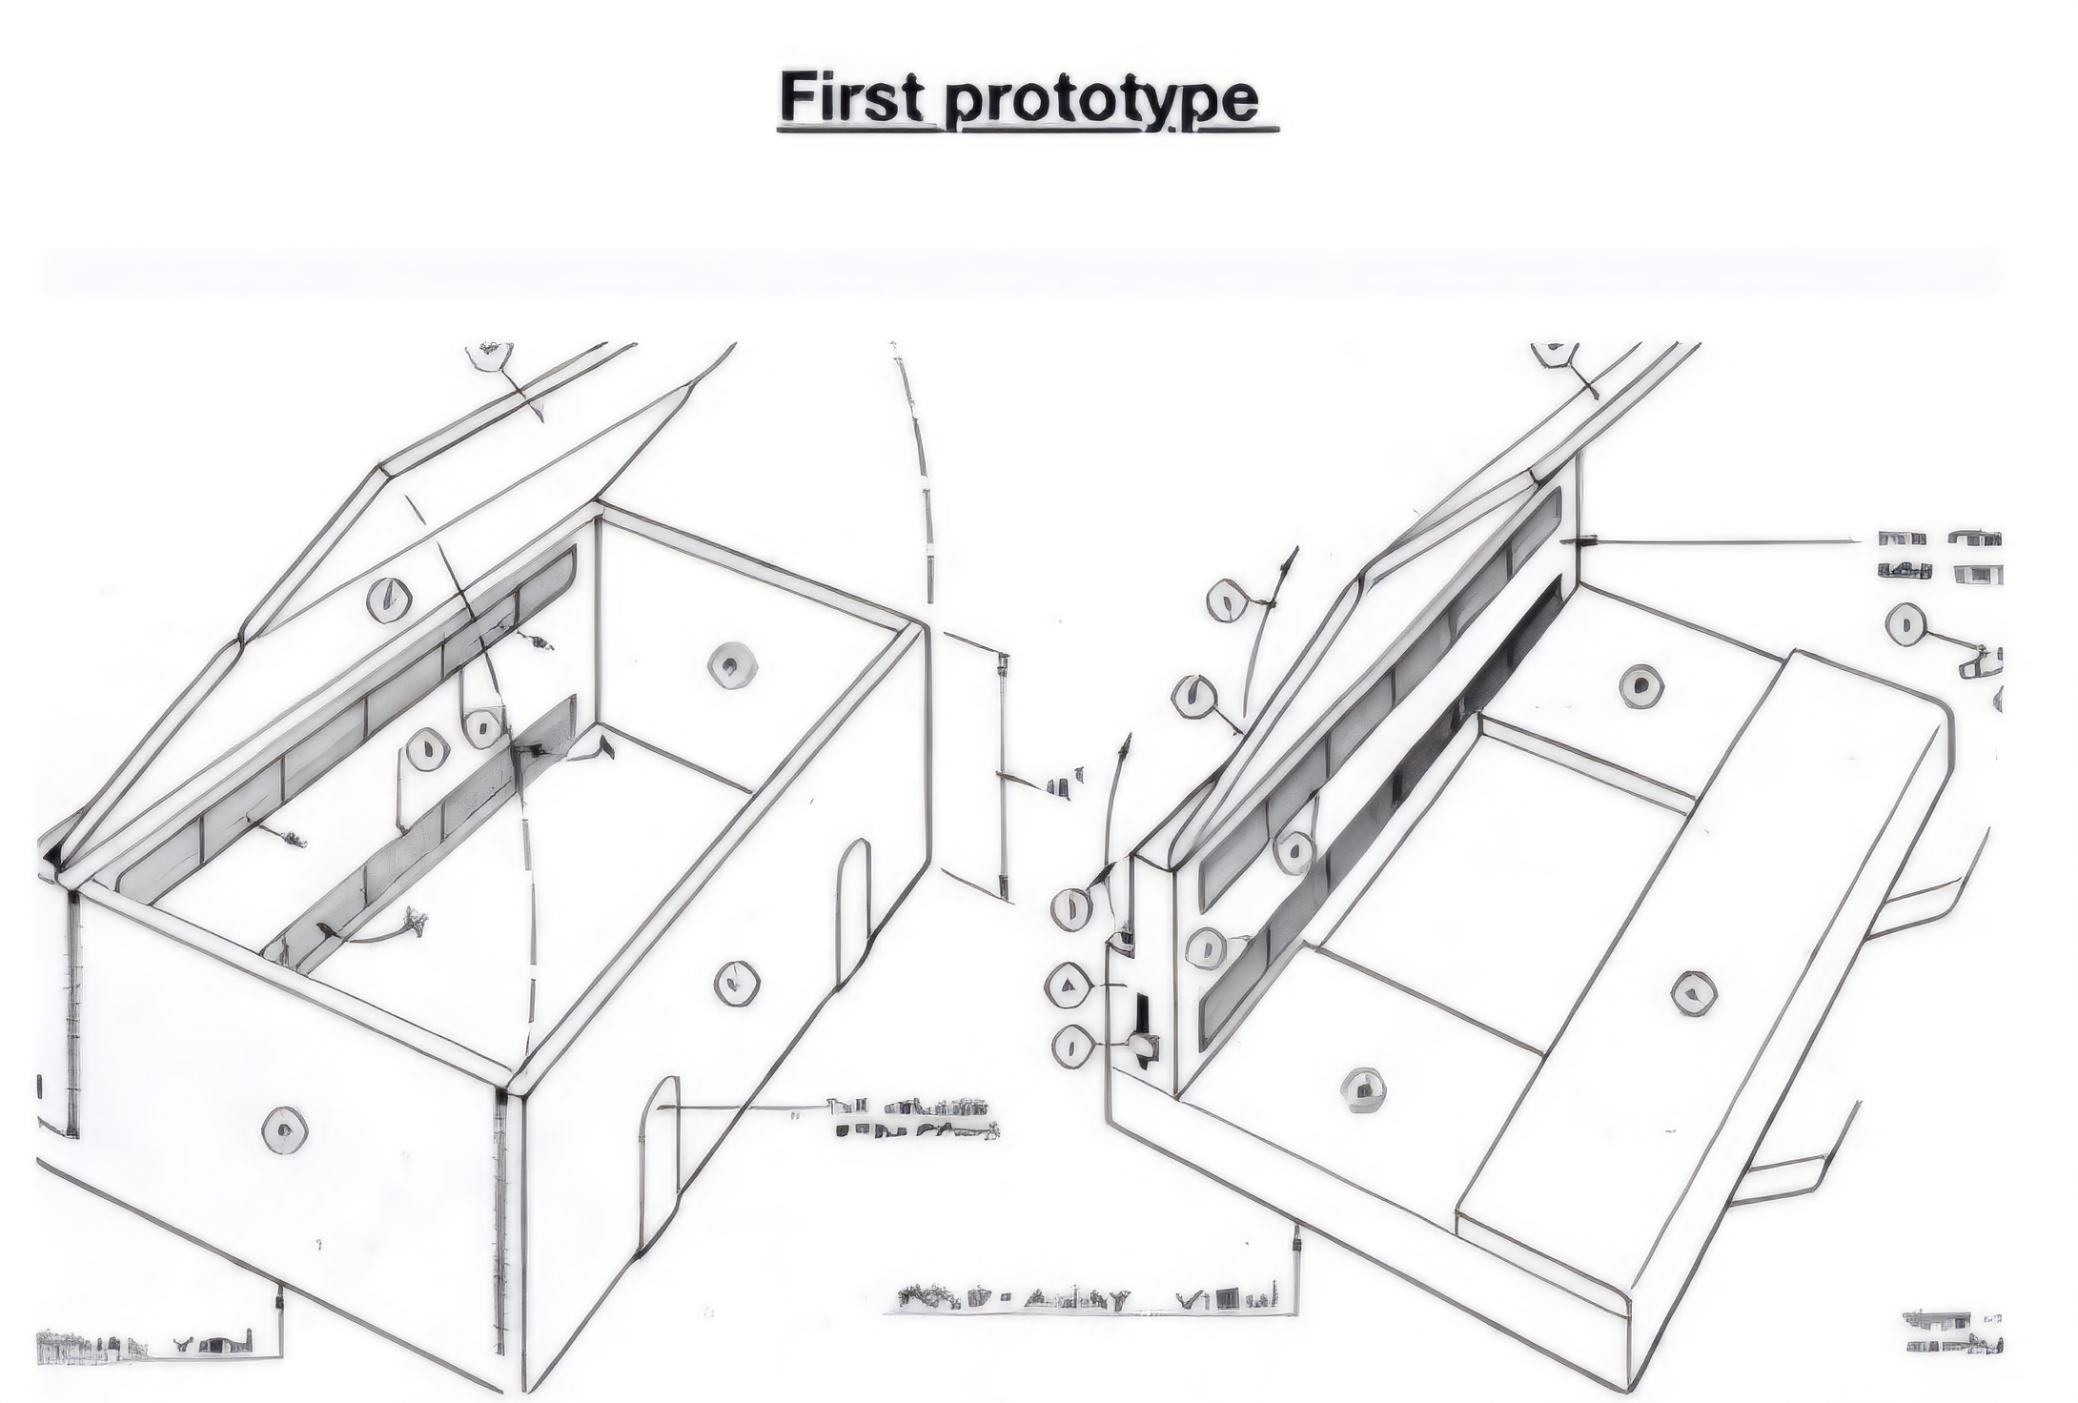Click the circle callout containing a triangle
(x=1070, y=985)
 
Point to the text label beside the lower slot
(x=915, y=1119)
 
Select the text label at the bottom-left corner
(x=143, y=1346)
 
